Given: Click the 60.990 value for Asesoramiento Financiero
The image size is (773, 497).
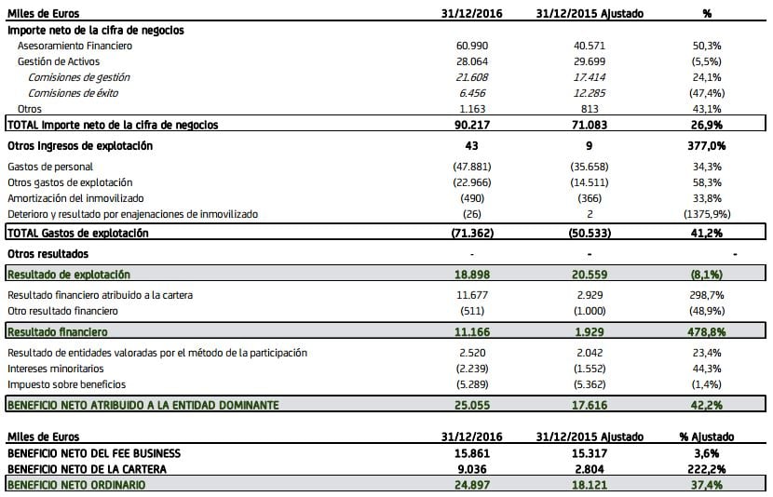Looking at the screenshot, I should [x=473, y=46].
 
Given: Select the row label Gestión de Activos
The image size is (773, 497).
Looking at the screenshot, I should [x=59, y=61].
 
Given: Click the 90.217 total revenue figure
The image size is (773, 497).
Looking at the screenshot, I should [x=472, y=125].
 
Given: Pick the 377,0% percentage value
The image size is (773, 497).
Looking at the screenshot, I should [x=708, y=146].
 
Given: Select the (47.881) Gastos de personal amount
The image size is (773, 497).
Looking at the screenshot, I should [x=472, y=167].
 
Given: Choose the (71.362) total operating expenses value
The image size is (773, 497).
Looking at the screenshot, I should [x=472, y=233].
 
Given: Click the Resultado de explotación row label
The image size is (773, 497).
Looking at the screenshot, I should [x=69, y=275].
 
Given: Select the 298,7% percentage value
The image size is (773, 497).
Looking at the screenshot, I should [x=708, y=295].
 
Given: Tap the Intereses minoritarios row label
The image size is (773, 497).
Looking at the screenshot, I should [x=56, y=369].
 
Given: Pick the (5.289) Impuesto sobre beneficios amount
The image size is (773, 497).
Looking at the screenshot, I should [x=472, y=384].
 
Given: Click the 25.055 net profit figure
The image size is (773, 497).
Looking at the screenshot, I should [x=472, y=405].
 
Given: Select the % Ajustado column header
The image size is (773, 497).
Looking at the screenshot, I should [x=708, y=437].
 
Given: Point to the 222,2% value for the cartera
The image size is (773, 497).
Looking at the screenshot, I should [x=708, y=469].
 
